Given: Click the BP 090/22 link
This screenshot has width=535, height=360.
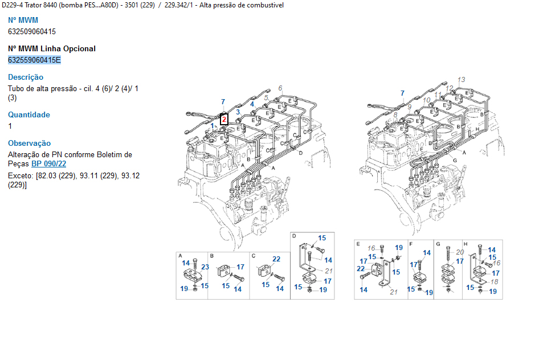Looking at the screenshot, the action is coord(48,164).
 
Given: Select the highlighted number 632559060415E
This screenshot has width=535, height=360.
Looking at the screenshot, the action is coord(34,60).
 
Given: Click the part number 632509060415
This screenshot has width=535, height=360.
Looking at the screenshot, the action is coord(32,32).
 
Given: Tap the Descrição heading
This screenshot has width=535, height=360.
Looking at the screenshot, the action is coord(26,77).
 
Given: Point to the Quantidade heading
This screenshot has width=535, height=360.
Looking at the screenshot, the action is coord(29,114).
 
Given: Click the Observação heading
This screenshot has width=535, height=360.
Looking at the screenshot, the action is coord(30,144).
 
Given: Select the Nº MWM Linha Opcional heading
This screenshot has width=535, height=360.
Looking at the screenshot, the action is coord(52,49).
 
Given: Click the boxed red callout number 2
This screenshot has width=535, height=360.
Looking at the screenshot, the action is coord(224,120).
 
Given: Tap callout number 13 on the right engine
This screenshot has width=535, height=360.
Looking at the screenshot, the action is coord(462,80).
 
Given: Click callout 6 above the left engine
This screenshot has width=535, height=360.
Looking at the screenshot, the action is coord(280,88).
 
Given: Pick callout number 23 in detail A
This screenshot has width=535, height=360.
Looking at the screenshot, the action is coord(205,267).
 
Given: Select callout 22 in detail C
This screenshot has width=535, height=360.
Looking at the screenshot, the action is coord(276,259).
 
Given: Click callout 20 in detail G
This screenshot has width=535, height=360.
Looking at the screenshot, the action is coord(460,252).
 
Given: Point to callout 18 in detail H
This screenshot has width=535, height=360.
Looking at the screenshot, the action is coord(495,282).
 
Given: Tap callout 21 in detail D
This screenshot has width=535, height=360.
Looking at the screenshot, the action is coord(329,271).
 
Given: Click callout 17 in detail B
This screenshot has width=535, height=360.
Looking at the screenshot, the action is coord(240,267).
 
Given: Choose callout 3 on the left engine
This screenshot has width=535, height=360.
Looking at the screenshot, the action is coord(238,112).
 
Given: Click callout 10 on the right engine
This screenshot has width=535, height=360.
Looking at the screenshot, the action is coord(427,100).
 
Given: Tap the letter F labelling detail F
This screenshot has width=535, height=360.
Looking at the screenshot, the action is coord(411,244).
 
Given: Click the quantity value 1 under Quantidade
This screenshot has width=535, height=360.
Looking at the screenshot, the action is coord(10,126).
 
